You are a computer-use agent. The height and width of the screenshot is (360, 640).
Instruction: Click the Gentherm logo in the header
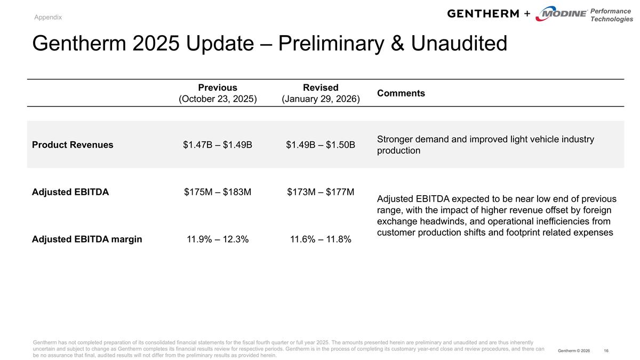(483, 13)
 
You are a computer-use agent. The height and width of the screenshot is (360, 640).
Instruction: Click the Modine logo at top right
(561, 14)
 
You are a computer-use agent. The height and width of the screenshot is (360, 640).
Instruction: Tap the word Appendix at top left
(48, 17)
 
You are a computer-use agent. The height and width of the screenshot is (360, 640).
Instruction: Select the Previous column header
(218, 87)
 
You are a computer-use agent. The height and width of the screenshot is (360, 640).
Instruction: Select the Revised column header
(321, 87)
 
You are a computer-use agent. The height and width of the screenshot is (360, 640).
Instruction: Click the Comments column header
(401, 93)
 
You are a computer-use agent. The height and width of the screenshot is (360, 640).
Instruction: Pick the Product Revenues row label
(73, 145)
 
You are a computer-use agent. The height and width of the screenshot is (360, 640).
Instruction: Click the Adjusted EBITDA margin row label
(87, 239)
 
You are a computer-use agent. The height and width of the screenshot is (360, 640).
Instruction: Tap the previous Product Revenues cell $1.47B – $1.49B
(218, 145)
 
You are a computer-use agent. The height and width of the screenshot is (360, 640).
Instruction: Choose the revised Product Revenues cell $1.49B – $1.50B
(321, 145)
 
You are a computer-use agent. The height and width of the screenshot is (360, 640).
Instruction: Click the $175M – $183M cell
(218, 192)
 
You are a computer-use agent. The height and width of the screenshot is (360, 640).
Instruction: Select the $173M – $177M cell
(321, 192)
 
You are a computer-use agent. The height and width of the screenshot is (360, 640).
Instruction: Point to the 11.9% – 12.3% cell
(218, 239)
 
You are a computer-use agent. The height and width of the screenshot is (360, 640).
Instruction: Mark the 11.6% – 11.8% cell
(321, 239)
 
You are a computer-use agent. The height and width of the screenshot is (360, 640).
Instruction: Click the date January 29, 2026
(321, 99)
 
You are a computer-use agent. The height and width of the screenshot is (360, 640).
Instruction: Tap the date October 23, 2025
(218, 99)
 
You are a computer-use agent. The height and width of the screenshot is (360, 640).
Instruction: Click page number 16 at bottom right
(606, 350)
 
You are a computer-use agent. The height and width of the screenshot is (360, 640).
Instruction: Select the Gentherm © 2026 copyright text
(574, 350)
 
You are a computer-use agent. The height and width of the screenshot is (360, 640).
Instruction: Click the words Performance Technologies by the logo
(611, 15)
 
